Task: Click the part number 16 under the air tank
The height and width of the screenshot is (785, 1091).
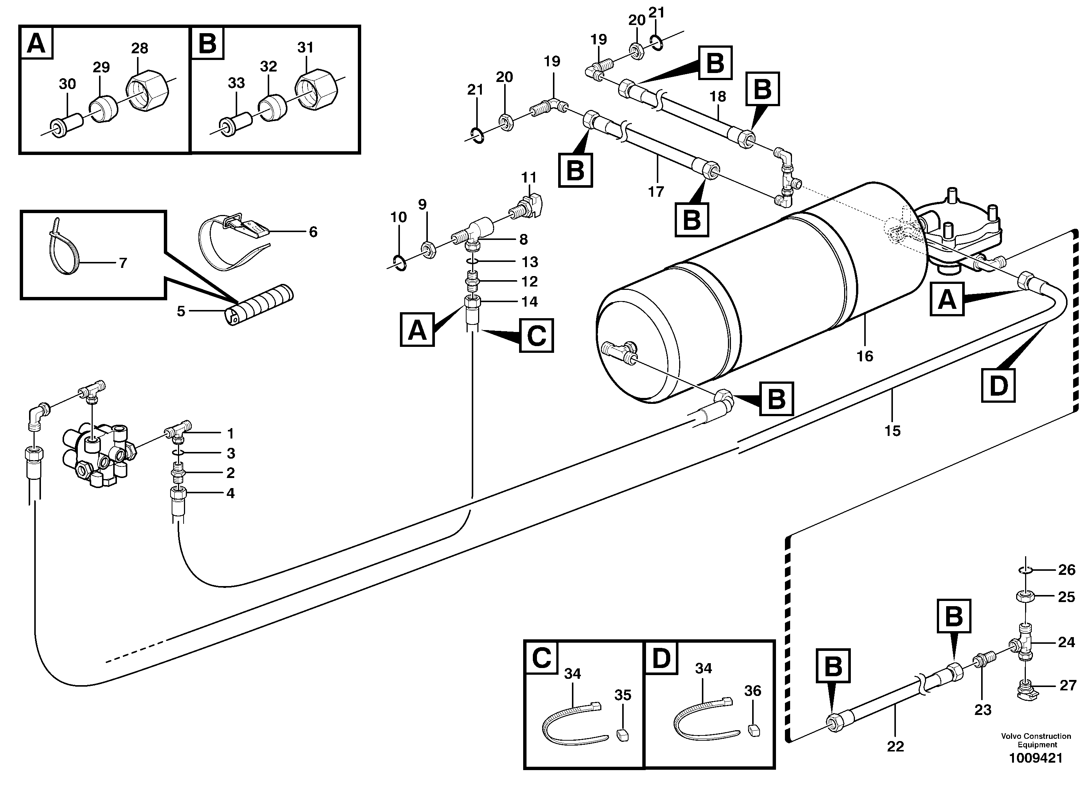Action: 865,356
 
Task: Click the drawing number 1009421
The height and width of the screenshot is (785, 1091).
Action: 1035,758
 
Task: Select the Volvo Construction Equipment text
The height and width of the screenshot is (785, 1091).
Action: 1036,740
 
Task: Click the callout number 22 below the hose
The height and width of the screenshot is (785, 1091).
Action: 895,747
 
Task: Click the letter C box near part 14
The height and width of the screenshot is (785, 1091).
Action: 536,335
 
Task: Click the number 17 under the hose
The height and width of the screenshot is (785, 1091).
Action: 656,192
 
